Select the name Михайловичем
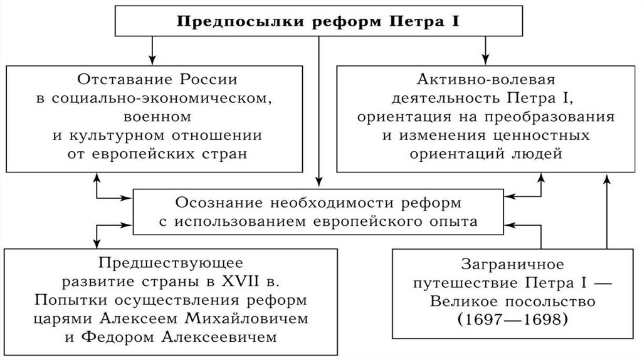pos(250,319)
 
